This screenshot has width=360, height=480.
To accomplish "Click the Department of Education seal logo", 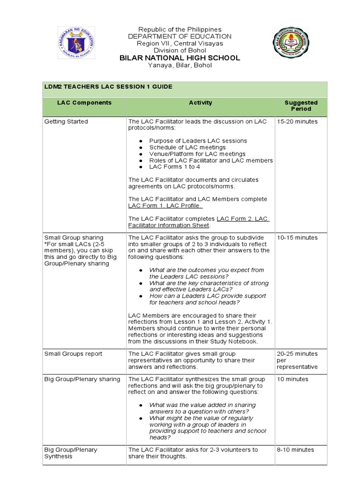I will point(76,43).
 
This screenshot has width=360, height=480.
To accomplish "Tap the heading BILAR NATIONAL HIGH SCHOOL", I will point(180,58).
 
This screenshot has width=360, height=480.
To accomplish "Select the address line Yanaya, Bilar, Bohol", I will point(180,65).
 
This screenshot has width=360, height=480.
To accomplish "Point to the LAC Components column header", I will point(84,103).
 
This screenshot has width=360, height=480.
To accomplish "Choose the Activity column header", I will point(200,103).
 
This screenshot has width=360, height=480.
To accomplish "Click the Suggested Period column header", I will point(300,105).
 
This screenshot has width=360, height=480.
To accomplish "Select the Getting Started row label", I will point(66,121).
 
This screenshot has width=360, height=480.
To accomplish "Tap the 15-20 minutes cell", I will point(297,121).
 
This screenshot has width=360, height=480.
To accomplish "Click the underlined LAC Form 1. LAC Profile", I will point(165,205).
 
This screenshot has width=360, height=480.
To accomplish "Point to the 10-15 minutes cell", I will point(297,238).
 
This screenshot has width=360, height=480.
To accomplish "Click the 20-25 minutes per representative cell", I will point(297,360).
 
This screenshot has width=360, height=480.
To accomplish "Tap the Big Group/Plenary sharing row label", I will point(82,379).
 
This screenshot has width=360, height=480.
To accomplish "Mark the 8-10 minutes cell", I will point(295,450).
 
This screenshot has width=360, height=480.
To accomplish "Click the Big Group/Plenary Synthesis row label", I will point(71,453).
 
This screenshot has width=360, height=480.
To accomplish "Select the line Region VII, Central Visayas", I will point(180,43).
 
